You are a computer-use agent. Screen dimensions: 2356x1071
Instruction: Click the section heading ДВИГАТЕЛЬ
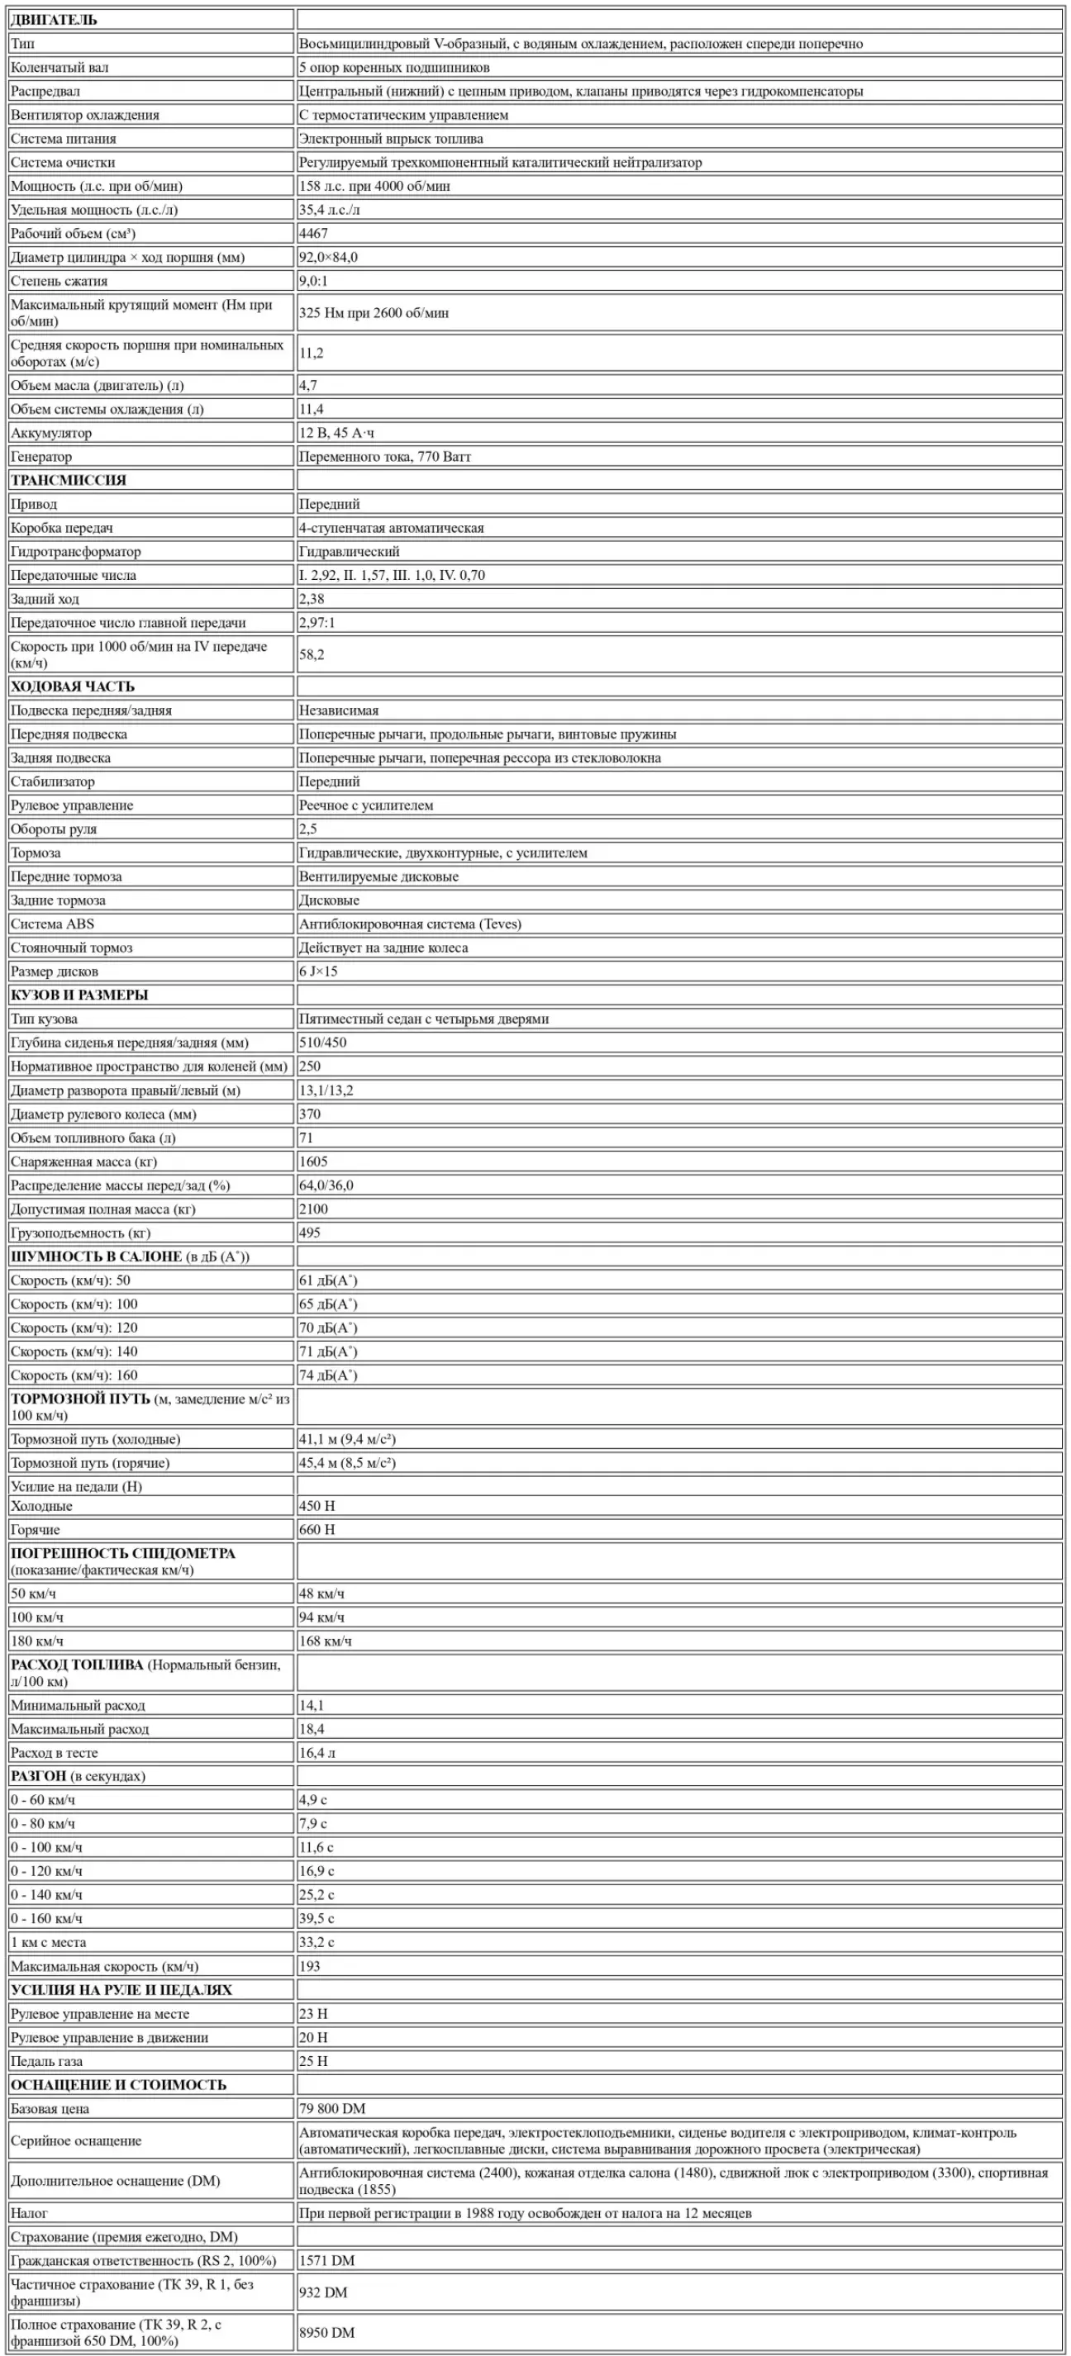[x=54, y=19]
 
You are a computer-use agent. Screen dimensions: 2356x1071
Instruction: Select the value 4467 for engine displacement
[x=314, y=233]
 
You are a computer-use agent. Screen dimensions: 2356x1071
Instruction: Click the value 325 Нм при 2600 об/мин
[x=374, y=313]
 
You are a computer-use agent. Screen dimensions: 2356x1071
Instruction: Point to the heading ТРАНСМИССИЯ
[x=69, y=480]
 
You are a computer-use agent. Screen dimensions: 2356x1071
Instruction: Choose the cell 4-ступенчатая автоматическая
[x=392, y=528]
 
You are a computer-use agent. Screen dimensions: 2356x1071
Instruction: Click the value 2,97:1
[x=317, y=623]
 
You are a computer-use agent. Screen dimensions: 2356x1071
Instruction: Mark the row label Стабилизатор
[x=53, y=781]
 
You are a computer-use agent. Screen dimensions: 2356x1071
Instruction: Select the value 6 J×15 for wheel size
[x=318, y=971]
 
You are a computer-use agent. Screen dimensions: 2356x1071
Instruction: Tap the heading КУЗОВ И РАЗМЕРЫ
[x=79, y=995]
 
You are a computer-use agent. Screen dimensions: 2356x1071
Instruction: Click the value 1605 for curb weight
[x=314, y=1161]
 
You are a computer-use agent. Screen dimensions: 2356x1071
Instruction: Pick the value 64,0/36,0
[x=326, y=1185]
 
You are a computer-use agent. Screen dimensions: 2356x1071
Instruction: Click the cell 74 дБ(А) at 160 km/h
[x=328, y=1375]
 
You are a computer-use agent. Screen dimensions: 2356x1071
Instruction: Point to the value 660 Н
[x=317, y=1530]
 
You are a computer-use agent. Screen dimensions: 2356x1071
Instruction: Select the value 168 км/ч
[x=326, y=1641]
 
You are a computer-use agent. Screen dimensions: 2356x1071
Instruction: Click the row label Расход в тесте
[x=55, y=1753]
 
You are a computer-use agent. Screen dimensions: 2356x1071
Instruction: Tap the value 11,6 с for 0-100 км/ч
[x=317, y=1847]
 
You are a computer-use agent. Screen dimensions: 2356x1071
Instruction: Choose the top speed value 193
[x=310, y=1966]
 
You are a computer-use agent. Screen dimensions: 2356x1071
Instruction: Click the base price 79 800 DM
[x=333, y=2109]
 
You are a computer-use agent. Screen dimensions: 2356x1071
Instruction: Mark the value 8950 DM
[x=327, y=2332]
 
